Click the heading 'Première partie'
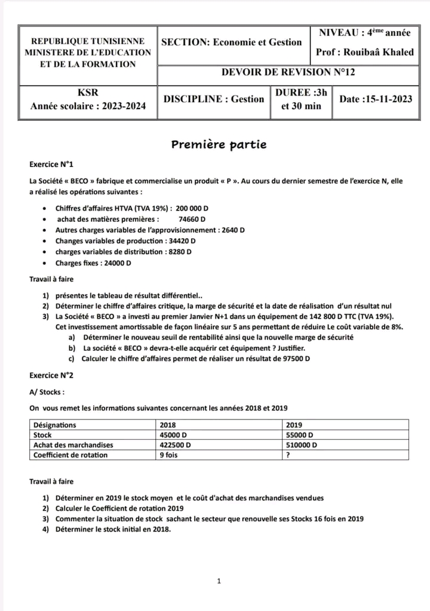[x=219, y=145]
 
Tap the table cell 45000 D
[x=174, y=435]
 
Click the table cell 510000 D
[x=302, y=445]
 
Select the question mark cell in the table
[x=288, y=455]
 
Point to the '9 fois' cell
[x=171, y=455]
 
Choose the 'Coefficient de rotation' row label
[x=70, y=455]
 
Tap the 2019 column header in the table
[x=296, y=425]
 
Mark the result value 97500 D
[x=293, y=359]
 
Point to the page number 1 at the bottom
[x=219, y=580]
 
